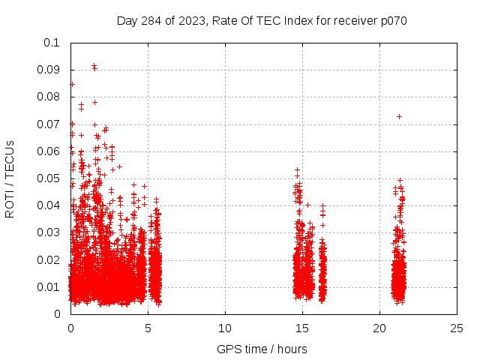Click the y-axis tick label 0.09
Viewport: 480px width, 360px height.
(49, 70)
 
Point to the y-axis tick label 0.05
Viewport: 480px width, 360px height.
(49, 178)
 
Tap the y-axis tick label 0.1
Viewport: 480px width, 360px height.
(52, 43)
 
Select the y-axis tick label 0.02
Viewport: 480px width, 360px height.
(49, 260)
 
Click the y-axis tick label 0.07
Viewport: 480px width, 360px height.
(49, 124)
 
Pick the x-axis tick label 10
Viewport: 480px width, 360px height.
(225, 328)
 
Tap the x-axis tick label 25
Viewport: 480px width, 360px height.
(457, 328)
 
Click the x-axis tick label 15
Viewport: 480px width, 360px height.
(302, 328)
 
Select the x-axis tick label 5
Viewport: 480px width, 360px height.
(148, 328)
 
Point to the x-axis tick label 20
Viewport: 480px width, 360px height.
(379, 328)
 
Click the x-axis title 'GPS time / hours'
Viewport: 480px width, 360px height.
(262, 349)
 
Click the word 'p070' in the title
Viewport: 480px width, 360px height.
(393, 20)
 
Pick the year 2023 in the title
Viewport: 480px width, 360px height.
(192, 20)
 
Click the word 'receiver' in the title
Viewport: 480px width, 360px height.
(352, 20)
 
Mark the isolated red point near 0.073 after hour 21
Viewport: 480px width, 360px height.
(399, 116)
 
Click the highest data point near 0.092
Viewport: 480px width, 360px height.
(94, 66)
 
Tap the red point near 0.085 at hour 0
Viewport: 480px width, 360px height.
(72, 84)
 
